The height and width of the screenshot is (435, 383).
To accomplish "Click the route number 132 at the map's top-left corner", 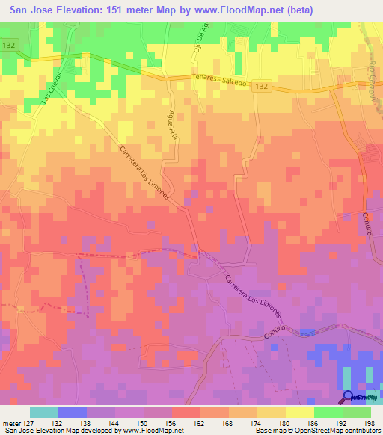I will click(x=10, y=46).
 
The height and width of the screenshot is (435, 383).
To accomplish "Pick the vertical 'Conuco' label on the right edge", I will click(x=367, y=223).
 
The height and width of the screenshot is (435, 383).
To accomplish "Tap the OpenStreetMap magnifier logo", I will click(x=349, y=397).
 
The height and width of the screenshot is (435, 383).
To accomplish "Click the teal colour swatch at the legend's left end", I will click(x=44, y=412).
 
